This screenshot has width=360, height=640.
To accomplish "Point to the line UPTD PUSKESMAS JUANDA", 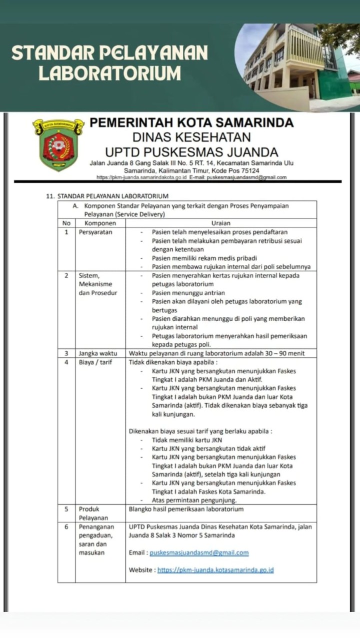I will [x=191, y=151].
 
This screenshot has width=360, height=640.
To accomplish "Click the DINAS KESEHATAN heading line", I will [x=191, y=137].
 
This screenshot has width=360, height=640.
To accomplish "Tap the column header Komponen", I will [x=100, y=223].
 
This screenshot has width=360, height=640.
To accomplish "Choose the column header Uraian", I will [x=220, y=223].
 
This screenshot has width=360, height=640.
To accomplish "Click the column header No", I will [x=66, y=223].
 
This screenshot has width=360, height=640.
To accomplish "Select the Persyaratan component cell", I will [x=95, y=232].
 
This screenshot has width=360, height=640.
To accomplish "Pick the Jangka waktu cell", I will [x=98, y=353].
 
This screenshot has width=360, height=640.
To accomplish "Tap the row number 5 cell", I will [x=66, y=509].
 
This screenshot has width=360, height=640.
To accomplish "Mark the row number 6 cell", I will [x=66, y=527].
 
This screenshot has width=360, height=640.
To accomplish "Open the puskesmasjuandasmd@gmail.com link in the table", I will [x=199, y=553].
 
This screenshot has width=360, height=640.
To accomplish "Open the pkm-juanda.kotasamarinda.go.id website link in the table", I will [x=215, y=570].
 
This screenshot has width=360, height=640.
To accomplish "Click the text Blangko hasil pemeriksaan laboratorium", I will [x=186, y=509].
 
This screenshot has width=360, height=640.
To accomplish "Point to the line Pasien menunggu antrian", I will [x=188, y=293].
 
